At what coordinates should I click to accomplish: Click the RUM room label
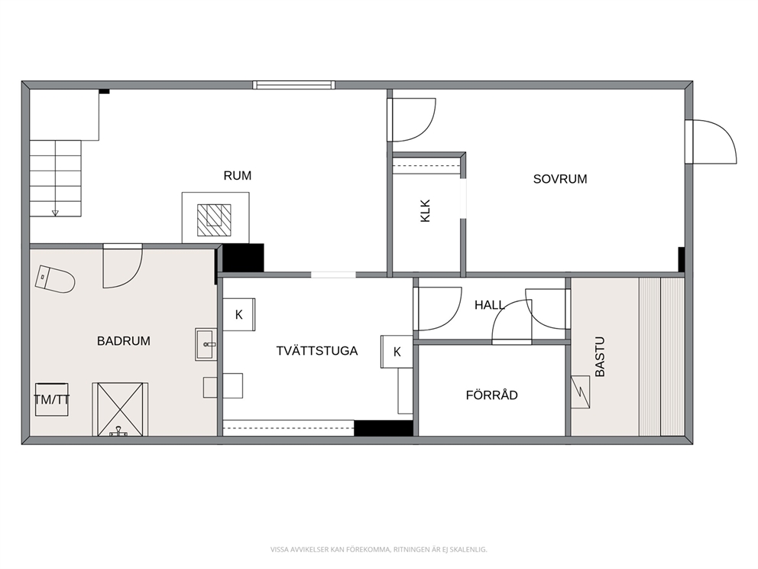click(x=238, y=176)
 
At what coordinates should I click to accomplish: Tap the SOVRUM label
click(x=560, y=179)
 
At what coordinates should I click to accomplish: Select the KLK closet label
click(x=426, y=211)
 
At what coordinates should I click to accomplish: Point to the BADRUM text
click(x=124, y=341)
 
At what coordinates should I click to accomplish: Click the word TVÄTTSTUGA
click(x=317, y=351)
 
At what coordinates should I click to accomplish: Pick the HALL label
click(x=489, y=305)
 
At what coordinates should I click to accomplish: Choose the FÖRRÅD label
click(x=491, y=395)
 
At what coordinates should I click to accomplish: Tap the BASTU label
click(x=599, y=356)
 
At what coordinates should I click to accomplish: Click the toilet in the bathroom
click(x=54, y=279)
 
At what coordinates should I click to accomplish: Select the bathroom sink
click(x=206, y=344)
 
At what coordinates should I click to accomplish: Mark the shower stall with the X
click(x=121, y=409)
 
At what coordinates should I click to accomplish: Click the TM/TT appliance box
click(x=52, y=400)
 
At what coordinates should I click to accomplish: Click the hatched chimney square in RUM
click(x=214, y=220)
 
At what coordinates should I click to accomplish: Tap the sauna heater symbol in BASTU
click(x=581, y=392)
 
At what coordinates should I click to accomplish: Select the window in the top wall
click(x=294, y=85)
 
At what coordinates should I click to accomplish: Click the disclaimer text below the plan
click(x=378, y=550)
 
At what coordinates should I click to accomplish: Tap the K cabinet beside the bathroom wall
click(x=239, y=314)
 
